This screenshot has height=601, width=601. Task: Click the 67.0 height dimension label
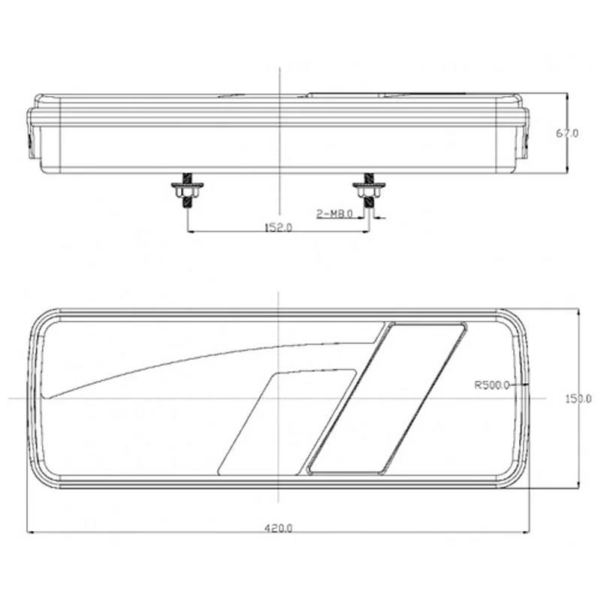pos(568,134)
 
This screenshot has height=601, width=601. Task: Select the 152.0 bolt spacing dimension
pos(278,227)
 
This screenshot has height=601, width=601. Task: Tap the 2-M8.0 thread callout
pos(334,215)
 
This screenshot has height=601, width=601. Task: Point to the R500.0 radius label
pos(492,385)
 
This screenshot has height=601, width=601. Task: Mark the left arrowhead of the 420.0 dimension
pos(31,533)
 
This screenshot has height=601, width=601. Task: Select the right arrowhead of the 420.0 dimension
pos(525,533)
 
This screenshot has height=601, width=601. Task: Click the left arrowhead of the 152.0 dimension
pos(189,231)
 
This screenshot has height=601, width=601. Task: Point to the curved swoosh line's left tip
pos(47,396)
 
